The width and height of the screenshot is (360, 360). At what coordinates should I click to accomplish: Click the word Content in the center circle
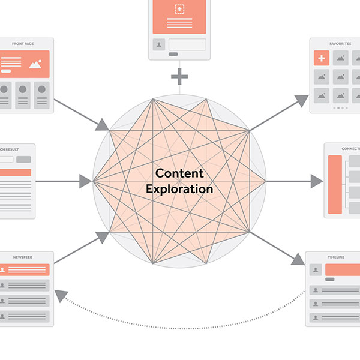[x=179, y=173]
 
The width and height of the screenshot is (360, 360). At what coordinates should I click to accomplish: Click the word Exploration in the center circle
[x=179, y=188]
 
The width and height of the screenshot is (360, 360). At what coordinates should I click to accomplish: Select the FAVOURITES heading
[x=340, y=44]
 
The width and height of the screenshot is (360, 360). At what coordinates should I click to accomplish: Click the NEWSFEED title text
[x=23, y=257]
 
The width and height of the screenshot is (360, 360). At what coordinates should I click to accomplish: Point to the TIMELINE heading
[x=336, y=257]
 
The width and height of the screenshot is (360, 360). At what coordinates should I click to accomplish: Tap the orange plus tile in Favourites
[x=322, y=58]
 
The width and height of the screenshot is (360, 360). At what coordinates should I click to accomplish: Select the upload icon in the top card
[x=179, y=9]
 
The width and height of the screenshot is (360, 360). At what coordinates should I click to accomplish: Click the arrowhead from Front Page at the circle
[x=103, y=125]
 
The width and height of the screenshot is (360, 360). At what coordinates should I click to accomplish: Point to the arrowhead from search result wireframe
[x=85, y=180]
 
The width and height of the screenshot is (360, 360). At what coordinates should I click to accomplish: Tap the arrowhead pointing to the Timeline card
[x=298, y=259]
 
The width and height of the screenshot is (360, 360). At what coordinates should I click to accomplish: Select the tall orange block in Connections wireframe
[x=335, y=185]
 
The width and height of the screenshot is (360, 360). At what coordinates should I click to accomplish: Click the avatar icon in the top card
[x=158, y=44]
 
